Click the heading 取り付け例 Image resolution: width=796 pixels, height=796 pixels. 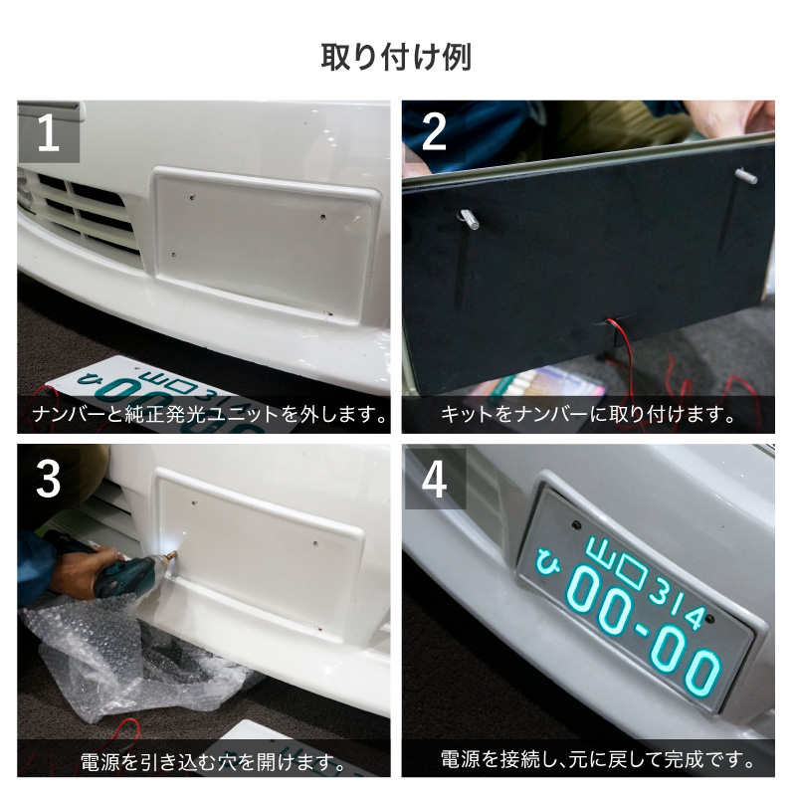click(396, 57)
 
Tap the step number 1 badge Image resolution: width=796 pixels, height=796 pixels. click(49, 132)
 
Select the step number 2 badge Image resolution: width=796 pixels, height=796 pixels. click(434, 132)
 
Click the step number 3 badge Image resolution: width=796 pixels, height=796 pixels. click(49, 479)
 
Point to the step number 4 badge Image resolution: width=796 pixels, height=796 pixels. click(435, 479)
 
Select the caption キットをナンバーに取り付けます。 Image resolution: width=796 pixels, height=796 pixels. click(588, 415)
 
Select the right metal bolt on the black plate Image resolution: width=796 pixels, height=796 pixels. click(746, 176)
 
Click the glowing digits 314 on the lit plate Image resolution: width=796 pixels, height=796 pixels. click(678, 603)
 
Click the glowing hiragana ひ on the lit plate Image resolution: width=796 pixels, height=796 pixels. click(547, 561)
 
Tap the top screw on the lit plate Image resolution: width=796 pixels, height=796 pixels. click(576, 524)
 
